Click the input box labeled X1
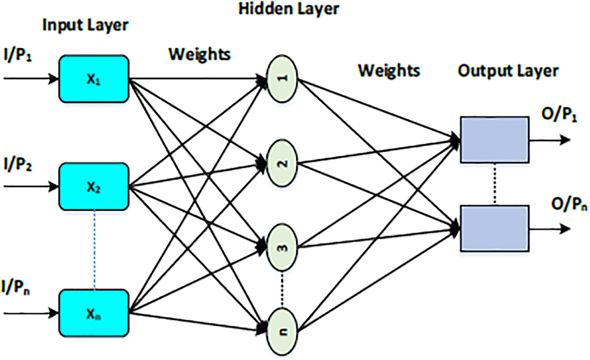[94, 79]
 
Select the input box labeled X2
[94, 186]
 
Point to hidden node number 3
[283, 246]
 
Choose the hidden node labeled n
[283, 330]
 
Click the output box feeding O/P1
[494, 139]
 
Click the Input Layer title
[85, 26]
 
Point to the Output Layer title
[508, 71]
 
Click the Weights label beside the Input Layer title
[199, 55]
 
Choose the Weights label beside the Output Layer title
[388, 70]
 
